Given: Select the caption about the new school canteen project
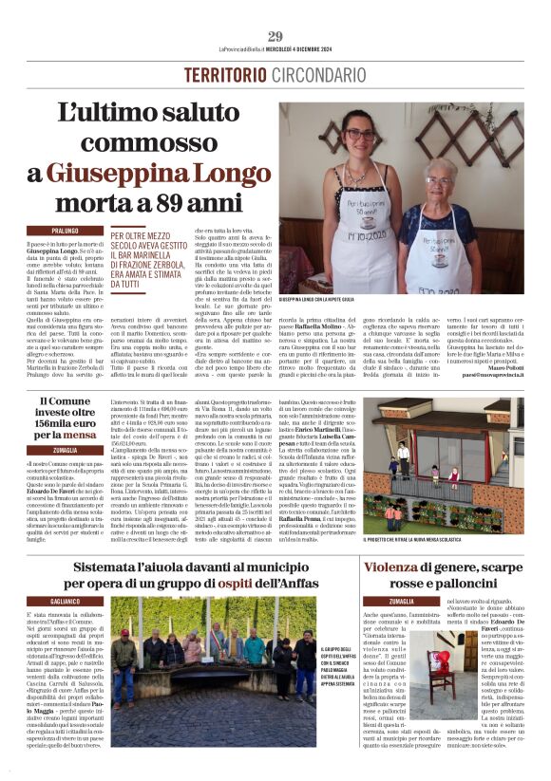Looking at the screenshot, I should [443, 541].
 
